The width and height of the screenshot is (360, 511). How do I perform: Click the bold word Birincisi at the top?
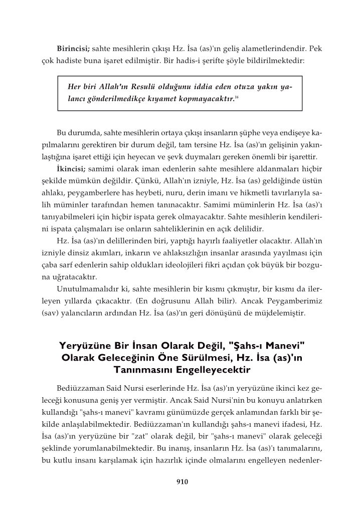pos(73,50)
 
